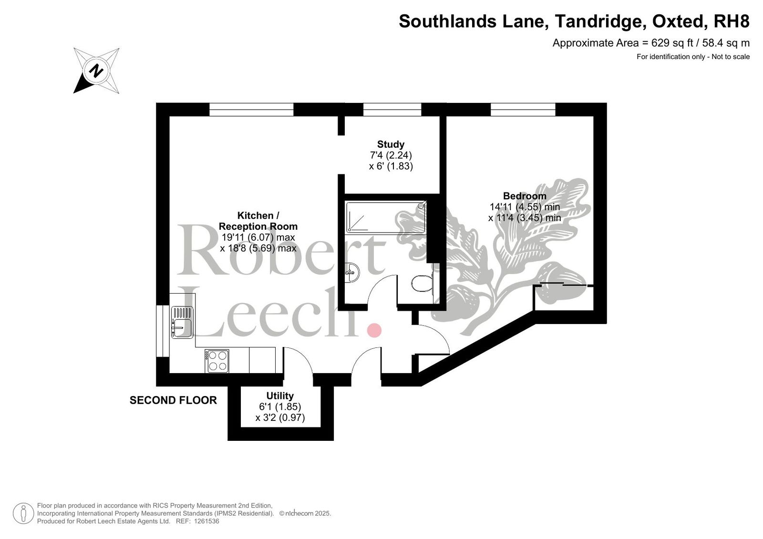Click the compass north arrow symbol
(96, 71)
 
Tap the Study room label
(391, 144)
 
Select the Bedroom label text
(525, 196)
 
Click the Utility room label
(280, 396)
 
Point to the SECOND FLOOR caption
(174, 400)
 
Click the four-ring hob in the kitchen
(217, 361)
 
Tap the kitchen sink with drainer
(182, 322)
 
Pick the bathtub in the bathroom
(386, 217)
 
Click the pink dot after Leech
(374, 330)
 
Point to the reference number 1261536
(206, 521)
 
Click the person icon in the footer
(23, 513)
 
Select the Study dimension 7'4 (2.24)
(391, 155)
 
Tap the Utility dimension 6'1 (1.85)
(280, 407)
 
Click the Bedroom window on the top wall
(523, 109)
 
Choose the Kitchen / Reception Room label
(258, 221)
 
